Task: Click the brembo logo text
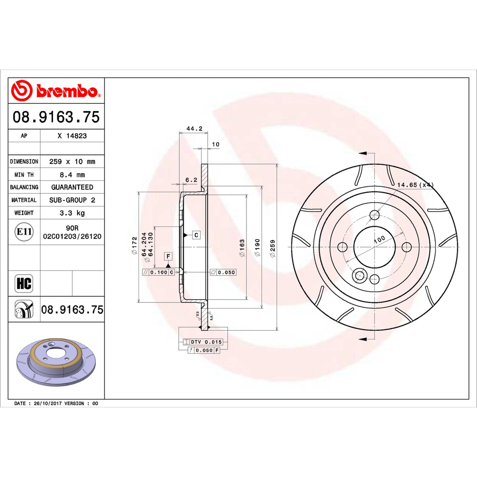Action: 67,91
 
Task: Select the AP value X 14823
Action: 72,136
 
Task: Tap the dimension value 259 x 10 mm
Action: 72,161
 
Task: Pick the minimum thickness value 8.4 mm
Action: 72,175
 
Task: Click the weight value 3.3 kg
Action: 72,213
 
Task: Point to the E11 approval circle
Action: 24,232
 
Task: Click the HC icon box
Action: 24,283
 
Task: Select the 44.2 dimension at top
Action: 194,128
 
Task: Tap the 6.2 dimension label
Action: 191,180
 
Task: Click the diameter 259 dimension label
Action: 273,248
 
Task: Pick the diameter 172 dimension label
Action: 134,245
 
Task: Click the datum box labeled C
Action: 196,235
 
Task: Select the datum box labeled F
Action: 168,256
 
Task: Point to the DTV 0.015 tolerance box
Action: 203,342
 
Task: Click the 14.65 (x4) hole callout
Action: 415,185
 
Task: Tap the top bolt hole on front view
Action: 374,215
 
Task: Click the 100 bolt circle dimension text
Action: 379,239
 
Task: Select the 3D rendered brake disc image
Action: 56,361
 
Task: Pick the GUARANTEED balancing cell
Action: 72,187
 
